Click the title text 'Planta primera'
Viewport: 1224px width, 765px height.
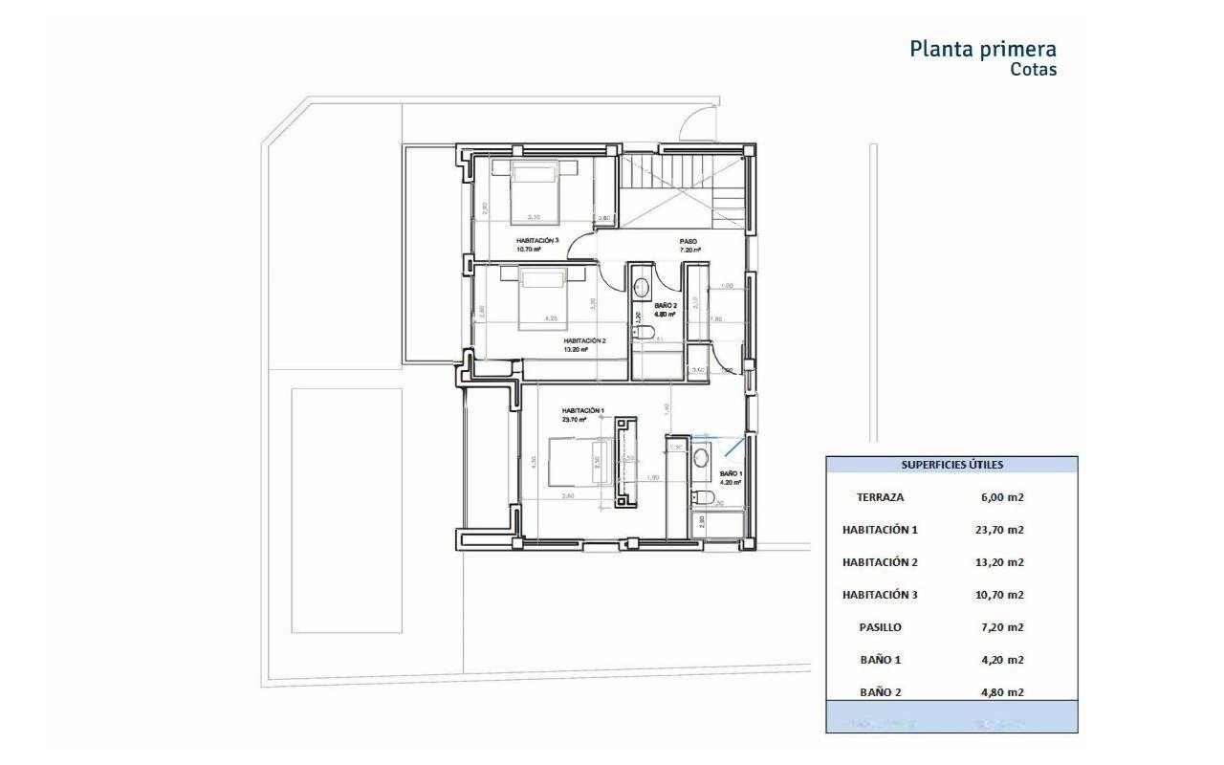pyautogui.click(x=983, y=49)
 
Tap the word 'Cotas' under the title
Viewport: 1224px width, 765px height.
pyautogui.click(x=1034, y=70)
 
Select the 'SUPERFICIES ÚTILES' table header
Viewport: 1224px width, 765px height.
pyautogui.click(x=951, y=465)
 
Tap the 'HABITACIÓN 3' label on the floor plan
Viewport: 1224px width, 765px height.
pyautogui.click(x=536, y=241)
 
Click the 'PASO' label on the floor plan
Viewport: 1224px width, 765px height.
pyautogui.click(x=688, y=241)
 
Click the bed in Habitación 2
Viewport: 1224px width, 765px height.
pyautogui.click(x=543, y=298)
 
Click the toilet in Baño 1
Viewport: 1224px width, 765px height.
pyautogui.click(x=701, y=496)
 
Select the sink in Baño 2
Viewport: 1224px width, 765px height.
pyautogui.click(x=641, y=285)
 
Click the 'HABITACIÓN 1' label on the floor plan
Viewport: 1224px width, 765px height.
pyautogui.click(x=582, y=411)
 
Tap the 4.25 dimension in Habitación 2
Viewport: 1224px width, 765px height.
pyautogui.click(x=551, y=318)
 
